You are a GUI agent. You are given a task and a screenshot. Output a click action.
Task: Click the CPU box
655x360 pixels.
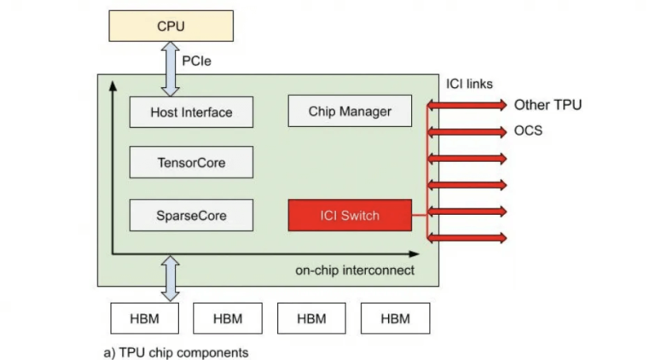click(171, 26)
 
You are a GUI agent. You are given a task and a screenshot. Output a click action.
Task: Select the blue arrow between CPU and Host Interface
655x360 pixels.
click(171, 68)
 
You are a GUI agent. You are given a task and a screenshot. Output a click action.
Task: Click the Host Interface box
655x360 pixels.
click(191, 112)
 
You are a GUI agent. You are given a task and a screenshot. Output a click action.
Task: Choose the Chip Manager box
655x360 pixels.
click(350, 111)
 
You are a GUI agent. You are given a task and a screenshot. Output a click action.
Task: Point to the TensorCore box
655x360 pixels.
click(191, 162)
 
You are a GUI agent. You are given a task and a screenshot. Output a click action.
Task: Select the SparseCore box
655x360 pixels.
click(191, 215)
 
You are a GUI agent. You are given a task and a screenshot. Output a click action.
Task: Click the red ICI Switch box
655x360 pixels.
click(350, 215)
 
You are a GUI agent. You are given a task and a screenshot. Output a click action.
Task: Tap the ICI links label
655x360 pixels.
click(470, 84)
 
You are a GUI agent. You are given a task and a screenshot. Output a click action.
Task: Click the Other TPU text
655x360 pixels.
click(548, 105)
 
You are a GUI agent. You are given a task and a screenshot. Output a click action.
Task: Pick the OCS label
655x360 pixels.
click(528, 131)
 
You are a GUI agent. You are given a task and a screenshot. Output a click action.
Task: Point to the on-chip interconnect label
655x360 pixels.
click(355, 270)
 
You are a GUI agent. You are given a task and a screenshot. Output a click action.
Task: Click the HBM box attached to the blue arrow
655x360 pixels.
click(145, 318)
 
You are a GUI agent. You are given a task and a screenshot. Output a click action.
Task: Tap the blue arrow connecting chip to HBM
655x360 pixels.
click(171, 278)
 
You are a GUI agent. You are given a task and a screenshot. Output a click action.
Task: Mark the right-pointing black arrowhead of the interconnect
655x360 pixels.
click(414, 253)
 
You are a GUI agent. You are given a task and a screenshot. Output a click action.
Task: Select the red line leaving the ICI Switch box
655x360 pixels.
click(420, 215)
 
